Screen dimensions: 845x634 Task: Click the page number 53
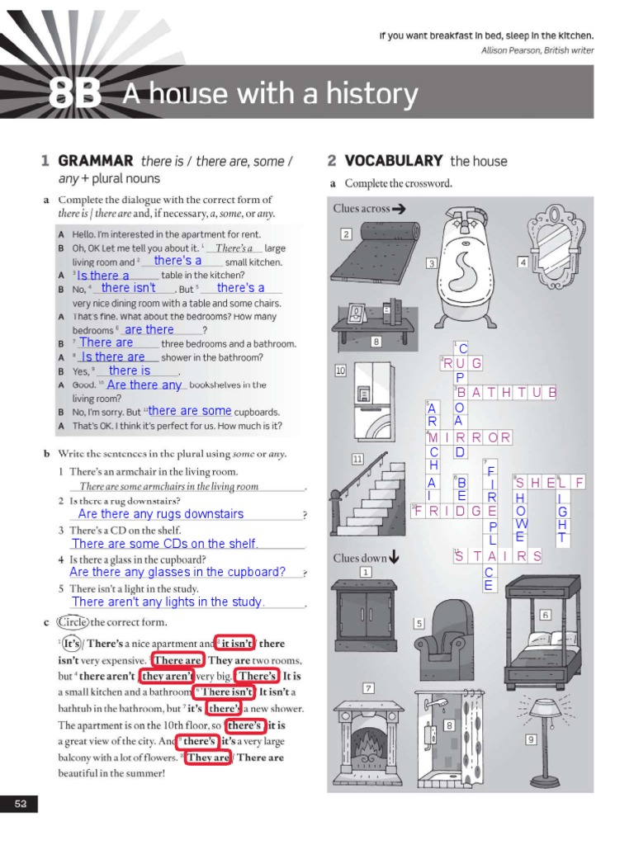click(21, 804)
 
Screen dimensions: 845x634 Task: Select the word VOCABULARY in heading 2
click(394, 161)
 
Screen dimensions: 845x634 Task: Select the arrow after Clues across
click(399, 209)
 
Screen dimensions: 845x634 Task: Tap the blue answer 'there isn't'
click(128, 288)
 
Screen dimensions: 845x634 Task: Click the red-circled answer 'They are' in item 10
click(207, 757)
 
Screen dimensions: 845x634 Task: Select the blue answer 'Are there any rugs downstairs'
click(161, 514)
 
